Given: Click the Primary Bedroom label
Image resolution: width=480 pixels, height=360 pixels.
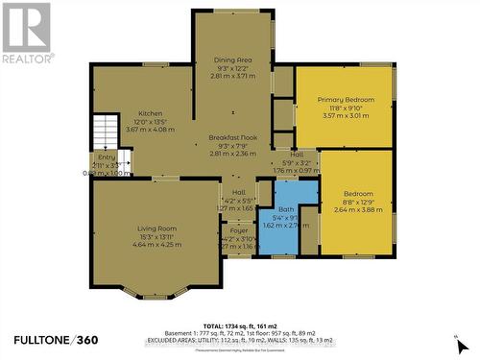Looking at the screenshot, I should click(x=344, y=100).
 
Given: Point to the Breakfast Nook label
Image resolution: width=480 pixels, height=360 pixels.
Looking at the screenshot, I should click(x=231, y=138).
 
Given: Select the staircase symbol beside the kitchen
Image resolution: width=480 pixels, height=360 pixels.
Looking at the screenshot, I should click(x=104, y=132).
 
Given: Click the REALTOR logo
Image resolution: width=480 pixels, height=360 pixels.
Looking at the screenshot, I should click(x=26, y=33).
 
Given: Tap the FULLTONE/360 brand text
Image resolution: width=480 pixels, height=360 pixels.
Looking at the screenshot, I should click(x=56, y=340).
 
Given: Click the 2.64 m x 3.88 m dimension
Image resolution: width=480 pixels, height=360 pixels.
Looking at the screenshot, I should click(x=356, y=210).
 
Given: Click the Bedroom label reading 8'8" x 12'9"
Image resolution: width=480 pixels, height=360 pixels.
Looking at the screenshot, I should click(x=356, y=194).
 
